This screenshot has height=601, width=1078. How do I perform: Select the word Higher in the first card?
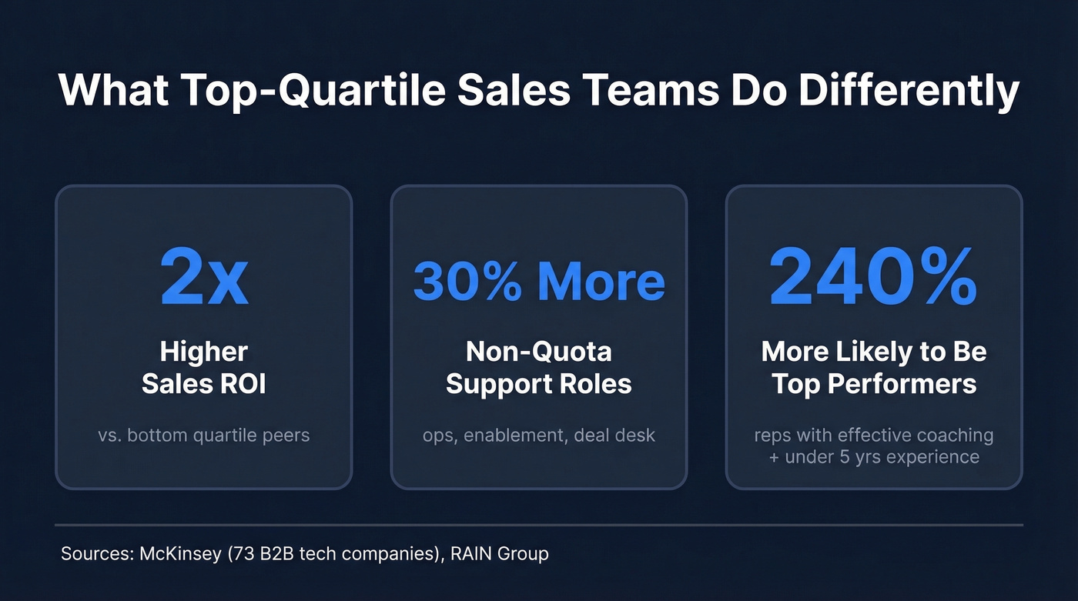[204, 352]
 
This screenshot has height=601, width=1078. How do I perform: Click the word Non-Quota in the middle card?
[539, 352]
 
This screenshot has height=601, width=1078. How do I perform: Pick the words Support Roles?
[539, 382]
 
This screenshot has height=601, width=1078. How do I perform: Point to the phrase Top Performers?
[873, 382]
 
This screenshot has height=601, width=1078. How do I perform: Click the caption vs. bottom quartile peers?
[204, 435]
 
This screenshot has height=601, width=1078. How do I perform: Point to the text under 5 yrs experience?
[882, 456]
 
